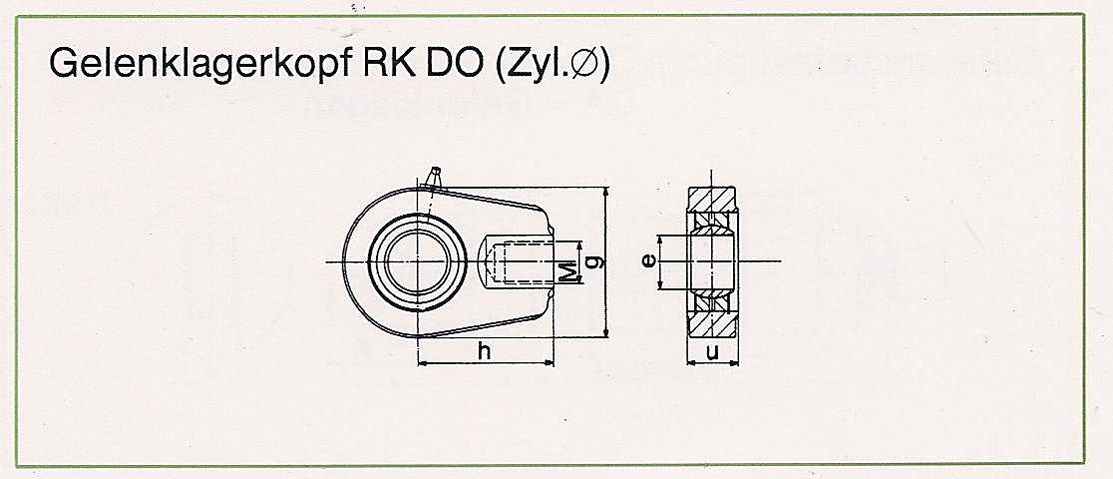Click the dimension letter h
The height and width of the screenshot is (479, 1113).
click(x=485, y=350)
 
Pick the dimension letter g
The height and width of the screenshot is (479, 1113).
click(x=597, y=261)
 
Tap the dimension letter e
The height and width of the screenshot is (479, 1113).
click(x=646, y=261)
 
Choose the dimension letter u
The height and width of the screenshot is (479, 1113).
click(x=713, y=351)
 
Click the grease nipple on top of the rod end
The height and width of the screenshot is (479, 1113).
click(x=432, y=178)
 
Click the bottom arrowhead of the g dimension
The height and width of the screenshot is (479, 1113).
click(x=604, y=330)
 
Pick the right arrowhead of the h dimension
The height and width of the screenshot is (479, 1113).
click(x=547, y=363)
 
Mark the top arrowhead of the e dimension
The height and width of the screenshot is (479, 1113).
click(x=659, y=241)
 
